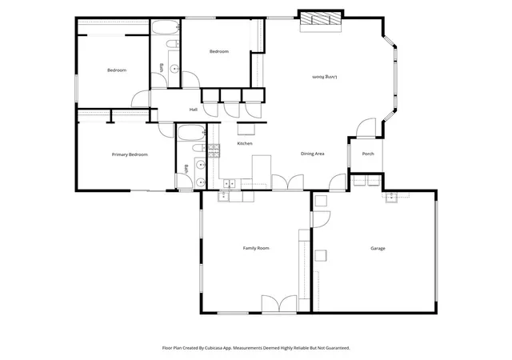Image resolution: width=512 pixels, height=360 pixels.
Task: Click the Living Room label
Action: pos(325,77)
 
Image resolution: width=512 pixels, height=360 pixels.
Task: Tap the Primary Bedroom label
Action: pos(130,154)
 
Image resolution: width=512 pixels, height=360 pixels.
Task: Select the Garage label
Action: pos(378,248)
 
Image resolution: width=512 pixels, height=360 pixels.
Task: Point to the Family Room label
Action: pos(256,248)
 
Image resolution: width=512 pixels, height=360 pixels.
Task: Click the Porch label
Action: pos(368,154)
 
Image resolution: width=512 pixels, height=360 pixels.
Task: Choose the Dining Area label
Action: pos(312,154)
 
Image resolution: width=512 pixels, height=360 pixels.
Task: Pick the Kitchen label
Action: pos(245,143)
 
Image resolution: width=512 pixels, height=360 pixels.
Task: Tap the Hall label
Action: pos(194,110)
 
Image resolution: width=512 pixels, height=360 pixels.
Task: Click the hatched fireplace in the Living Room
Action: pos(321,18)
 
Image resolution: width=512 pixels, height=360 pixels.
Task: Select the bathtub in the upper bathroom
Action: pos(166,27)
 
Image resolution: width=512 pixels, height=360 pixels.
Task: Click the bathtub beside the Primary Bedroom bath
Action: pos(191,133)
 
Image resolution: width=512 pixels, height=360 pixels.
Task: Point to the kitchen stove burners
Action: pos(214,151)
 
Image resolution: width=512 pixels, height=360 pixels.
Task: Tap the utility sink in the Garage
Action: pos(391,198)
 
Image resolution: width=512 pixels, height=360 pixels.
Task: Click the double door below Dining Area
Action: pos(288,182)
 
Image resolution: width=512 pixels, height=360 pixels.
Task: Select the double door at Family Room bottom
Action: pos(279,304)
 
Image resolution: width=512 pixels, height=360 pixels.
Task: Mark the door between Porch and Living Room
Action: pos(366,128)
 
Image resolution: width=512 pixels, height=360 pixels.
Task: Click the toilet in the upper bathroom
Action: pos(172,43)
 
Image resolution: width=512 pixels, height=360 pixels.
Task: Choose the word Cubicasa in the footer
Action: pos(214,348)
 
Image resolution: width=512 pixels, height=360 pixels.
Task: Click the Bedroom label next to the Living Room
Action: pos(218,51)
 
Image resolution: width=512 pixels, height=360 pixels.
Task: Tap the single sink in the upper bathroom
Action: pos(174,69)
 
